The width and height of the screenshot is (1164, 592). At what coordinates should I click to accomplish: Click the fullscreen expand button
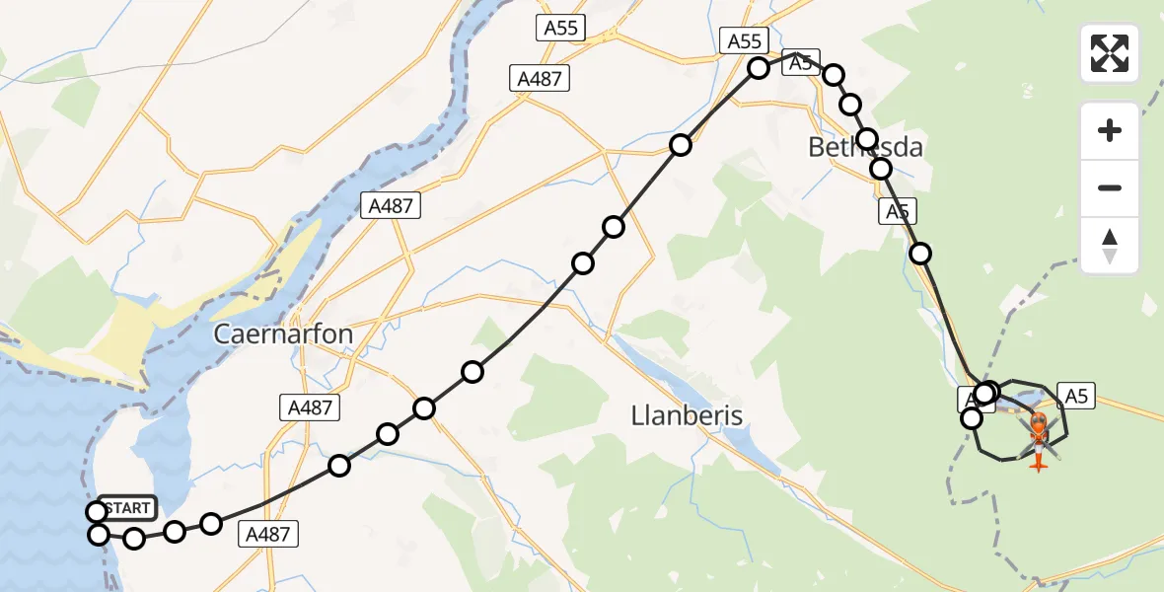click(x=1110, y=53)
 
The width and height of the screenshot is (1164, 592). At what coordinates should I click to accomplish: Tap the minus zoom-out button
click(x=1110, y=187)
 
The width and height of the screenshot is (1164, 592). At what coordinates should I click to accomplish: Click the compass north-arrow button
click(x=1110, y=246)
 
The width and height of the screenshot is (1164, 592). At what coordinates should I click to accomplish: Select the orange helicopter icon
click(x=1040, y=434)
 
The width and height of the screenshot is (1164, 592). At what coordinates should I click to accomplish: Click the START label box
click(x=126, y=508)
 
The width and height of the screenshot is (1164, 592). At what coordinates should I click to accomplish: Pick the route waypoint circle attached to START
click(x=96, y=511)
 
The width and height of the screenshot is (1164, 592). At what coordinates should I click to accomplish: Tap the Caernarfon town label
click(x=283, y=334)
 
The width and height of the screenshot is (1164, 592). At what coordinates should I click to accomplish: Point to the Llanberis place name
click(x=687, y=415)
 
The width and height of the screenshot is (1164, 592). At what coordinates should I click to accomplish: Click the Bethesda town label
click(x=865, y=148)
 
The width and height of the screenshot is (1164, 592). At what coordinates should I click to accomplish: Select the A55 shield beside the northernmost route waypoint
click(x=745, y=40)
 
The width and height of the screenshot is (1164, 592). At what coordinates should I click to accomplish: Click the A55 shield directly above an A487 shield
click(x=562, y=28)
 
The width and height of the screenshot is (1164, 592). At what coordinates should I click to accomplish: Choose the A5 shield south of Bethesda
click(x=898, y=211)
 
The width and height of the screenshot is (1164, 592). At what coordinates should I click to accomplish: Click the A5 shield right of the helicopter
click(x=1076, y=396)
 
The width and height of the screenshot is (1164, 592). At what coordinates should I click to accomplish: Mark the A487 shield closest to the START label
click(x=267, y=534)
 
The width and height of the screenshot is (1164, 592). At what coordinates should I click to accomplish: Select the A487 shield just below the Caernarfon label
click(x=310, y=407)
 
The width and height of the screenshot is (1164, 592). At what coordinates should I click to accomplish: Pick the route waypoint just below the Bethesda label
click(x=881, y=170)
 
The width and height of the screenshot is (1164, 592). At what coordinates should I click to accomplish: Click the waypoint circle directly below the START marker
click(x=99, y=535)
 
